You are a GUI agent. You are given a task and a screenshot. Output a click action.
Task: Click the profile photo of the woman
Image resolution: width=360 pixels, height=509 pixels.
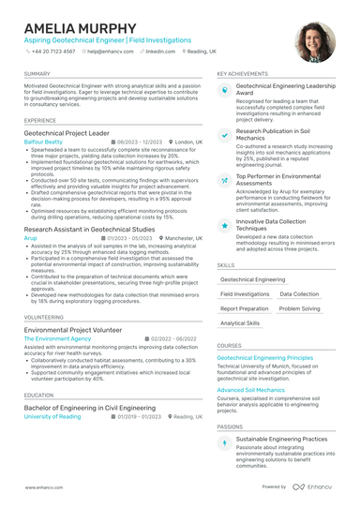tap(314, 42)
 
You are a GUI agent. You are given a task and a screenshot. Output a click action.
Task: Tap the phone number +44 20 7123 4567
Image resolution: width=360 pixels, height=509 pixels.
tap(52, 52)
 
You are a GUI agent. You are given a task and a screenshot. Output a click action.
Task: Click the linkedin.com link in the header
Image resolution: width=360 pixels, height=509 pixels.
tap(159, 52)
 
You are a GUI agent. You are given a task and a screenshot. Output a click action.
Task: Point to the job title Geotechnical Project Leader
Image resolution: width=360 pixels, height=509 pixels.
tap(72, 134)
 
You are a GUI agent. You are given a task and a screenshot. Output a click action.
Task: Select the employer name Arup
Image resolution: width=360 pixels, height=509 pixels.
tap(31, 239)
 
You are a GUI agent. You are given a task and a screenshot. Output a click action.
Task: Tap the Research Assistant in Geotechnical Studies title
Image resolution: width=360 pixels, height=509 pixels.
tap(90, 229)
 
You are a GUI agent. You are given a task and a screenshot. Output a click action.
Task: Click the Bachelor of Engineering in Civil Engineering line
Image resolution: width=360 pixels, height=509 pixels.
tap(90, 408)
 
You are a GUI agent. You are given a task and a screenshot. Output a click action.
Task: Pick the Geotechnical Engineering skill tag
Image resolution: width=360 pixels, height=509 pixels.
tap(254, 279)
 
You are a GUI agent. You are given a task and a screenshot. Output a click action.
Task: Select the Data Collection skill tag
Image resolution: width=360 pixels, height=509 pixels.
tap(299, 293)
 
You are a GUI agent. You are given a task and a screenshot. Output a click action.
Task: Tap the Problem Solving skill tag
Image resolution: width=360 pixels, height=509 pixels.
tap(299, 308)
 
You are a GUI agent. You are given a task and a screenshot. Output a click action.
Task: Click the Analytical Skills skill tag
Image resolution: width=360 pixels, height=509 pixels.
tap(240, 322)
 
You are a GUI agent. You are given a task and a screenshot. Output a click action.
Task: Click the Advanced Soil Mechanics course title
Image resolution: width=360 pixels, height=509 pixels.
tap(250, 389)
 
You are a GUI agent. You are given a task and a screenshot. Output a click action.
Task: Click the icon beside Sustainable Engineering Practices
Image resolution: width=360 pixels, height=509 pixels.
tap(225, 442)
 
